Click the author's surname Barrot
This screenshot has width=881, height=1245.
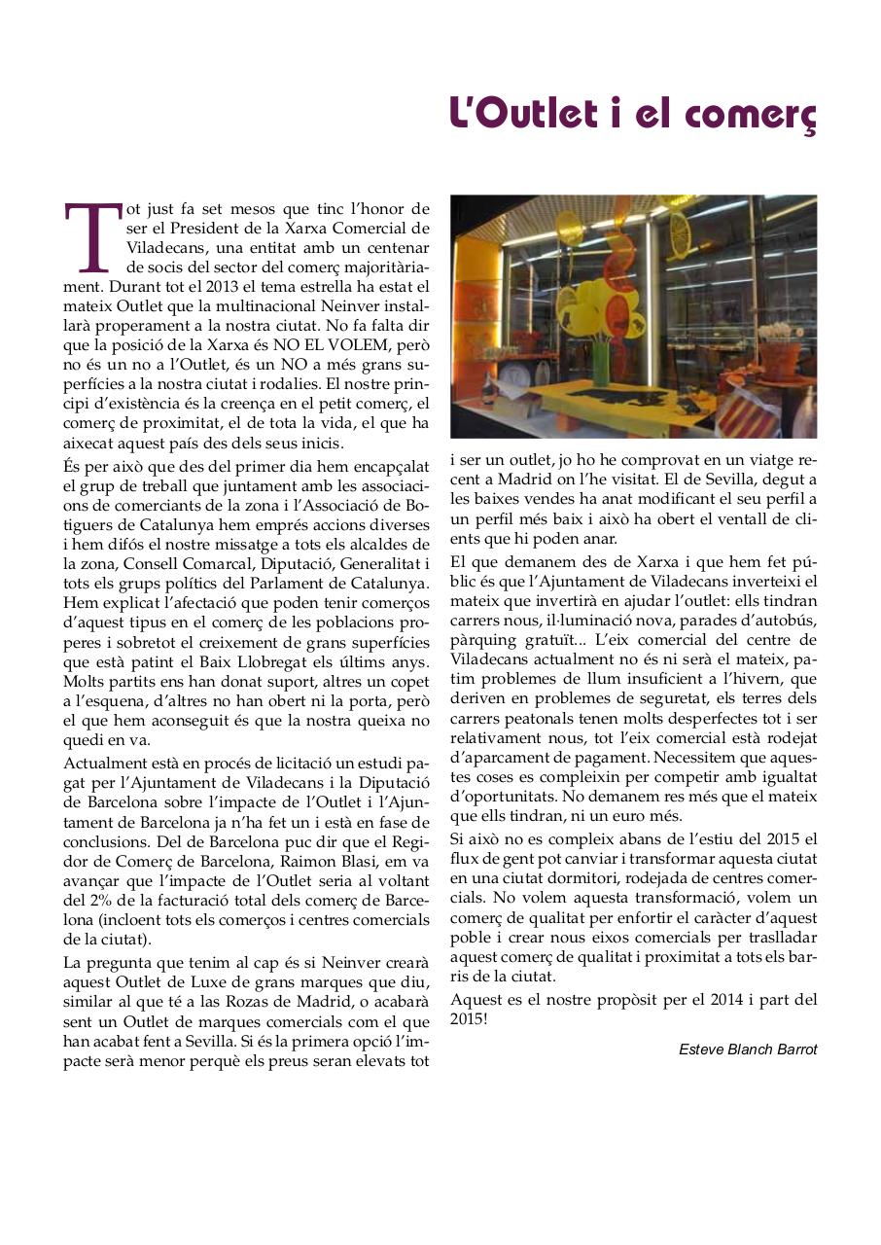(794, 1049)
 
